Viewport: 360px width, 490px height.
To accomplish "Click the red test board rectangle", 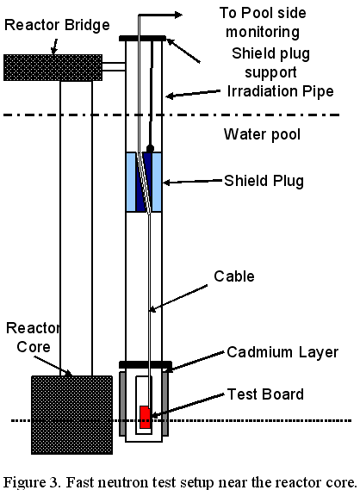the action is point(145,417).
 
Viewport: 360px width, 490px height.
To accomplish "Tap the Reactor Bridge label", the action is point(57,25).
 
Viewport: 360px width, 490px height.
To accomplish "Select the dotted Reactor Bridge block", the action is point(53,67).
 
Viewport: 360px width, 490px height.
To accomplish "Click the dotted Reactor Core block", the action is point(71,415).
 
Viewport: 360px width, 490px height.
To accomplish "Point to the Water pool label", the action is point(262,134).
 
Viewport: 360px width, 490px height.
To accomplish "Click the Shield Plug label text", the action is point(264,181).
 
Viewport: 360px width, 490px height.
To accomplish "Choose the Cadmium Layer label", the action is point(282,352).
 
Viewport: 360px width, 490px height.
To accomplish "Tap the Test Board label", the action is point(265,394).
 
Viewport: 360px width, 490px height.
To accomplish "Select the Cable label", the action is point(234,276).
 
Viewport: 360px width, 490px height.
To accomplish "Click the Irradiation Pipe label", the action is point(280,91).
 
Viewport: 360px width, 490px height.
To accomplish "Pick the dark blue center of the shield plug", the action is point(144,182).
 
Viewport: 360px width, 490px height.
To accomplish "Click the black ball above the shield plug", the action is point(150,148).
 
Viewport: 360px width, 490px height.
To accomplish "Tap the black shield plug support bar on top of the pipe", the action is point(142,39).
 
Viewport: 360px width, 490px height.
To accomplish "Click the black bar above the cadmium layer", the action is point(146,364).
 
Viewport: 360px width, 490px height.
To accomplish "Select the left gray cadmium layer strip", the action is point(122,403).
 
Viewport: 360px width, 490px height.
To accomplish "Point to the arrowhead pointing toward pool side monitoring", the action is point(178,15).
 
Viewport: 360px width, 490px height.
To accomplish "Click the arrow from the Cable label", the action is point(178,298).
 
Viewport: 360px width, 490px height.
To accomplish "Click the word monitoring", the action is point(263,32).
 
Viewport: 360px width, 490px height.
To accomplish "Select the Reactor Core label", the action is point(33,338).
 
